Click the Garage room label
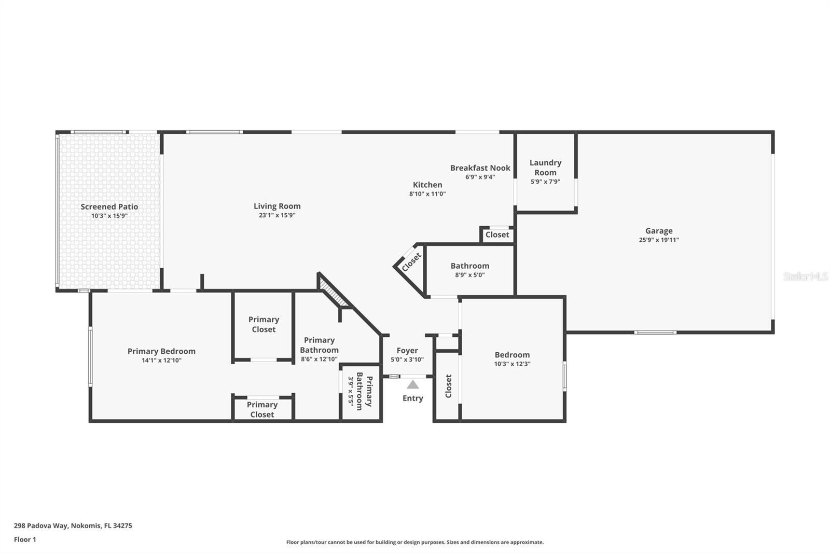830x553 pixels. click(x=659, y=231)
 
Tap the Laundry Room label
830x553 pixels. click(x=545, y=168)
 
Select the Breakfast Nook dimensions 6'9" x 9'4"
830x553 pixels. click(x=480, y=177)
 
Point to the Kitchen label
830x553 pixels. click(x=427, y=185)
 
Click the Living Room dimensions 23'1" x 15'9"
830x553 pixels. click(x=277, y=215)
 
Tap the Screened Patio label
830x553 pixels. click(x=109, y=206)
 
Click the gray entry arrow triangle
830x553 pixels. click(x=413, y=385)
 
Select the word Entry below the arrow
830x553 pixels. click(x=413, y=398)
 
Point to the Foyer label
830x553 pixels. click(x=407, y=351)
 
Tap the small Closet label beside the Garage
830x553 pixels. click(x=497, y=234)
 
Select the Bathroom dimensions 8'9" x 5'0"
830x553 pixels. click(x=469, y=275)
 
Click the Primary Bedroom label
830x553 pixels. click(x=161, y=351)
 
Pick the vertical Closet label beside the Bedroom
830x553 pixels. click(x=449, y=386)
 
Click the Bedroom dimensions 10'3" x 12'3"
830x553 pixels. click(x=512, y=364)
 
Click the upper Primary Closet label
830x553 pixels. click(x=264, y=324)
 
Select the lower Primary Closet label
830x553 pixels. click(x=262, y=409)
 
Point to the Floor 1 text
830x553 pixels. click(x=25, y=540)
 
